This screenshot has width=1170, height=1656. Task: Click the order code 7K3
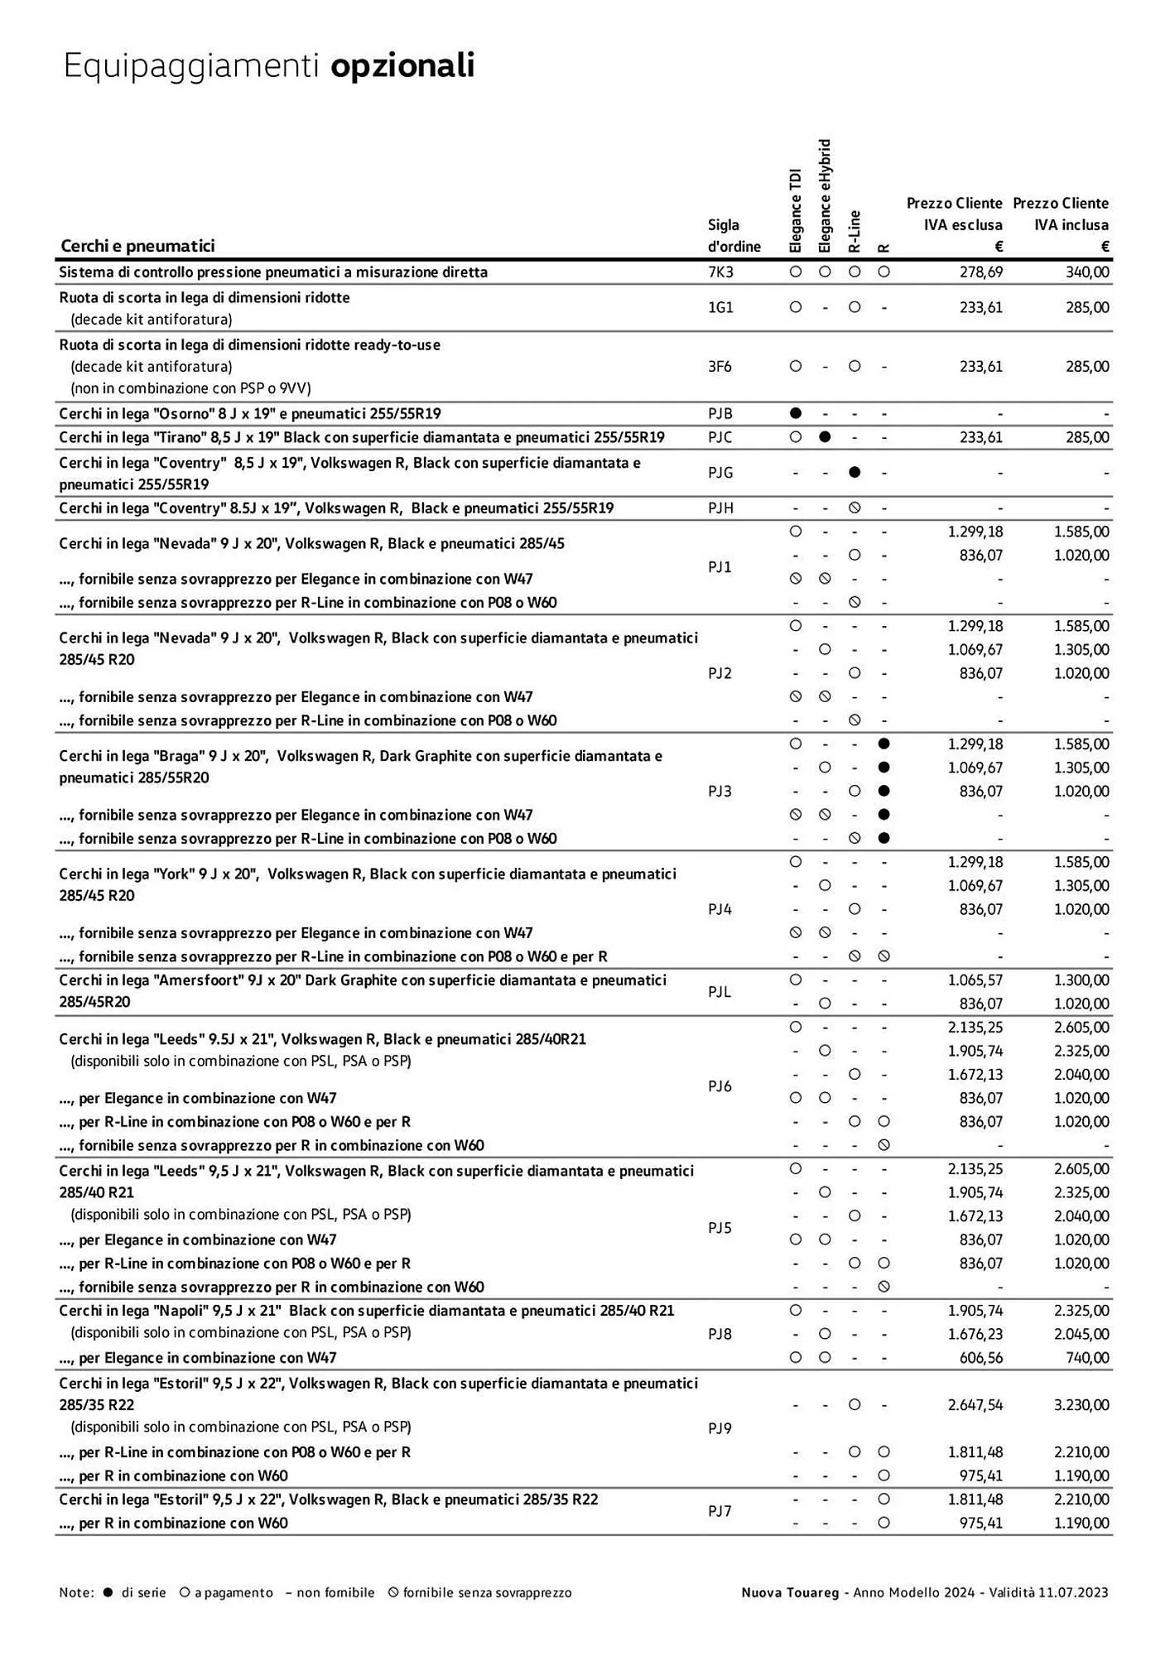point(720,272)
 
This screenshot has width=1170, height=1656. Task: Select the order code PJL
point(720,991)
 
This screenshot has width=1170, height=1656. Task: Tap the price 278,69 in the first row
point(980,272)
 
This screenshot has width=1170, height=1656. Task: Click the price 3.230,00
point(1081,1404)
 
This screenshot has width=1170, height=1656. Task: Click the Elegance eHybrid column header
point(825,195)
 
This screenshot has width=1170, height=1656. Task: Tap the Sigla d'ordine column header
point(734,235)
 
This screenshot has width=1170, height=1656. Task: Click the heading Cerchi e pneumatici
point(137,245)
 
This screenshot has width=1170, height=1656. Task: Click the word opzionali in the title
point(402,65)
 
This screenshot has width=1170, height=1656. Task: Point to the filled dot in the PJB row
point(796,412)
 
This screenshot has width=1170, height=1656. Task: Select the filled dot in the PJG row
point(855,472)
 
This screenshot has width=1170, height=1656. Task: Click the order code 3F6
point(720,366)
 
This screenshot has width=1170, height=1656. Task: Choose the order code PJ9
point(720,1428)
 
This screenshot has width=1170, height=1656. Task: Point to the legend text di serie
point(144,1592)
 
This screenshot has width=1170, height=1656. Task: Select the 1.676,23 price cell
point(975,1334)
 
